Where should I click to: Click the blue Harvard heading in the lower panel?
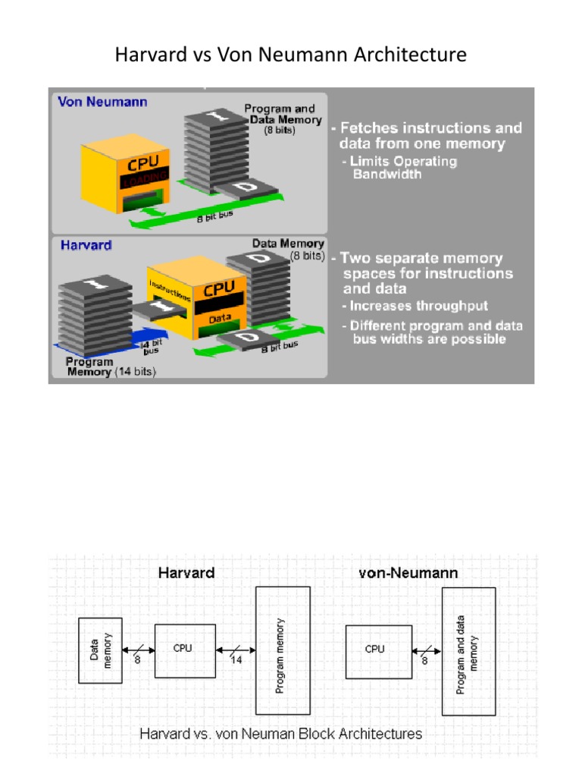coord(85,245)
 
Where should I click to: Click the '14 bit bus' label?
coord(154,345)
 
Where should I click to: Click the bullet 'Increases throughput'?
coord(419,306)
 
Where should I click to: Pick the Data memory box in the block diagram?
coord(101,650)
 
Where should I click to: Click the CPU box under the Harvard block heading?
coord(185,650)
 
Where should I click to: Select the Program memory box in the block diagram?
coord(283,650)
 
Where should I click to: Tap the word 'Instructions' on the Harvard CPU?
coord(170,289)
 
